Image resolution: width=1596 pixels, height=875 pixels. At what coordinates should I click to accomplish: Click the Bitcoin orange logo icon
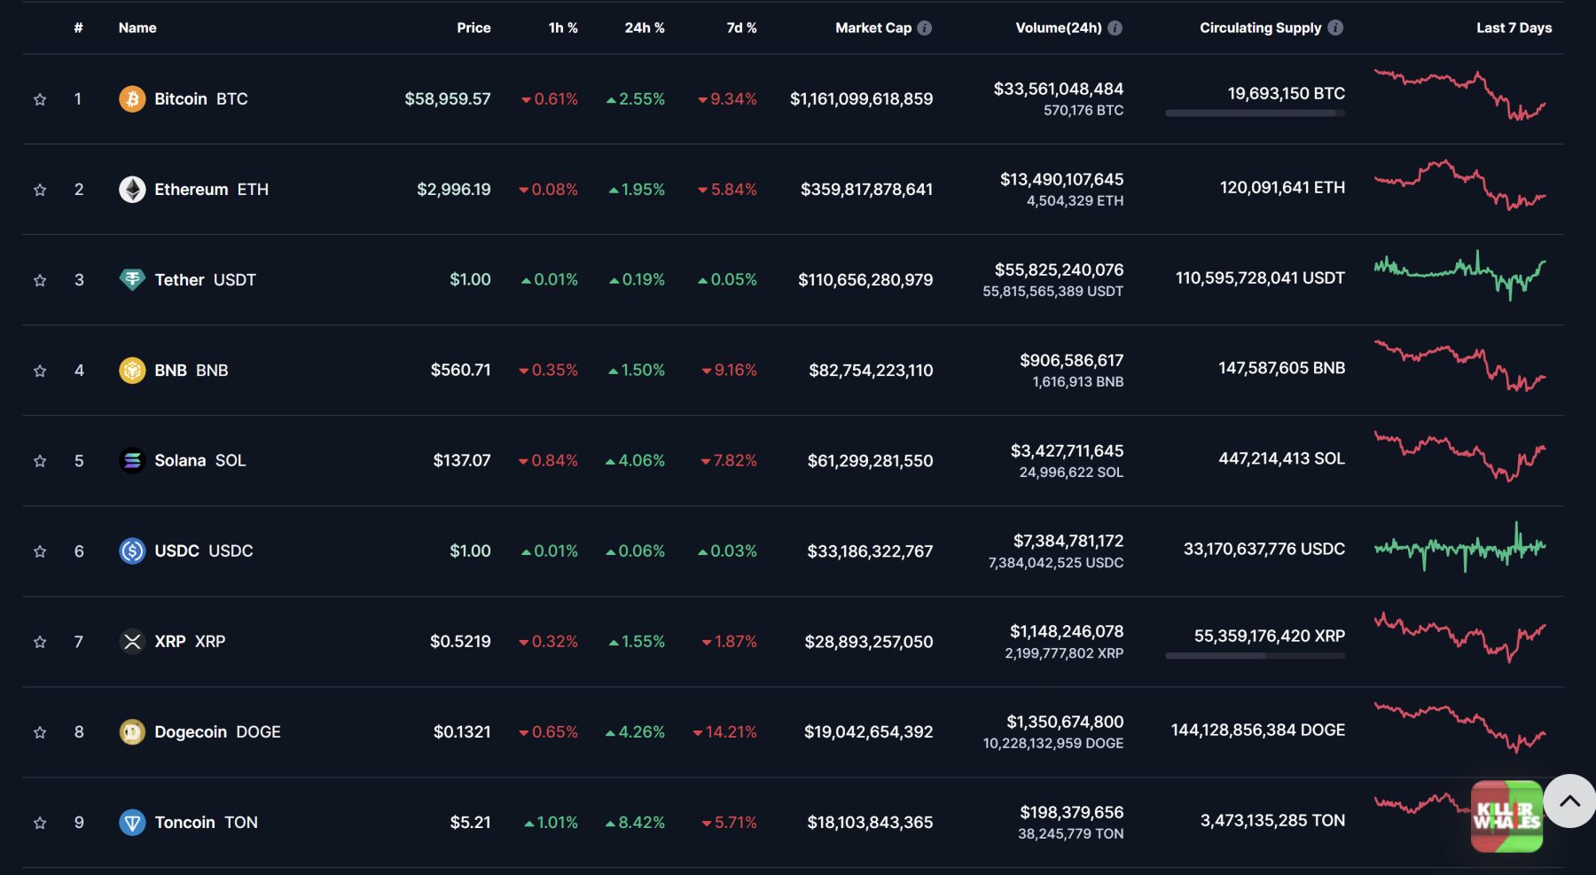coord(132,98)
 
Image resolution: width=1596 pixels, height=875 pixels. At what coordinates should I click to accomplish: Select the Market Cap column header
coord(872,27)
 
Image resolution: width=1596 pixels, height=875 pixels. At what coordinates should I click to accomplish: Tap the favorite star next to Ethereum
coord(40,190)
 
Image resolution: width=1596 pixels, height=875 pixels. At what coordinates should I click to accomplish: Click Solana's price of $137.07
coord(461,460)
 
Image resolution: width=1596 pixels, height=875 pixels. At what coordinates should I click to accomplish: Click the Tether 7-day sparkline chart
coord(1459,275)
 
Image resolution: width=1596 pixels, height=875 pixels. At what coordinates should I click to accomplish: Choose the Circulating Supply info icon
coord(1335,27)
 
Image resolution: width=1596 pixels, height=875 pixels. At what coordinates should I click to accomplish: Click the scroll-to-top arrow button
coord(1569,801)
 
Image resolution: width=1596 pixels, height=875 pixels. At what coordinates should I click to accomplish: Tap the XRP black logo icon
coord(132,641)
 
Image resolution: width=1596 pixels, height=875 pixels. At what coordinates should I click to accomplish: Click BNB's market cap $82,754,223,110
coord(870,370)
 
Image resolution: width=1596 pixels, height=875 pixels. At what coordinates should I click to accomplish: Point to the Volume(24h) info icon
coord(1115,27)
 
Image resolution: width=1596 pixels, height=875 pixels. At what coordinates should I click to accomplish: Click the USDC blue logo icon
coord(132,551)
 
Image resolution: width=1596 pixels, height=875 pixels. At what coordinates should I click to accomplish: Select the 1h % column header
coord(563,27)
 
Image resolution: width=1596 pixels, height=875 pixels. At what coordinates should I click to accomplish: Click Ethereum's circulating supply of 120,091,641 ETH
coord(1281,187)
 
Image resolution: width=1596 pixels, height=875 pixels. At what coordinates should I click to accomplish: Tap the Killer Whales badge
coord(1506,816)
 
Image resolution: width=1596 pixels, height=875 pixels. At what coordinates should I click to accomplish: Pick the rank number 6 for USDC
coord(79,551)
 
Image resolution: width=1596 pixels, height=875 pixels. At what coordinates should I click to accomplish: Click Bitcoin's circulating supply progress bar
coord(1255,113)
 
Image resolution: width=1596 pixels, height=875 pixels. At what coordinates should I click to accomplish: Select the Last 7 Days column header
coord(1514,27)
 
